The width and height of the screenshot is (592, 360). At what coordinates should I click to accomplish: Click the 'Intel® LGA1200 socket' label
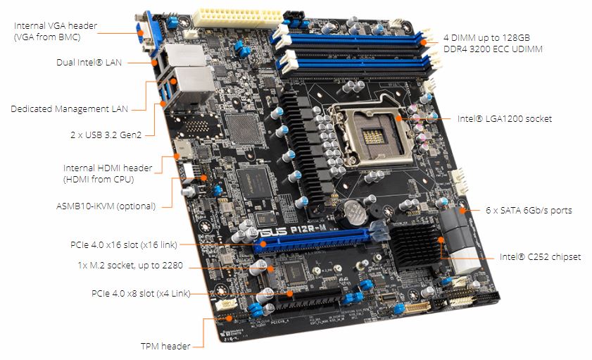click(x=505, y=118)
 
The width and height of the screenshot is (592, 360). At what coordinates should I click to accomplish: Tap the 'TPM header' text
click(x=165, y=346)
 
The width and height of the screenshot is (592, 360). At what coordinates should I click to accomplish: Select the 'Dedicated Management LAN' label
click(x=69, y=108)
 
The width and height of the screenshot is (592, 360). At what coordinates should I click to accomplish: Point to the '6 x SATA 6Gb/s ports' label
click(x=529, y=210)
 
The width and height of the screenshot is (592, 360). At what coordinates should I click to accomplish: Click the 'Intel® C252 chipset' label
click(x=540, y=257)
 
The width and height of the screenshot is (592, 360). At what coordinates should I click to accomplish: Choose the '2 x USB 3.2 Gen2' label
click(x=106, y=135)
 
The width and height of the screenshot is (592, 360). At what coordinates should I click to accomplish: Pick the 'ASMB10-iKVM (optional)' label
click(x=106, y=206)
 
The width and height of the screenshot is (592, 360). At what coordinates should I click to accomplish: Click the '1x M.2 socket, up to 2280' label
click(x=130, y=265)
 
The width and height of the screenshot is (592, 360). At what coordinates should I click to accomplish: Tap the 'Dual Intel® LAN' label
click(x=89, y=62)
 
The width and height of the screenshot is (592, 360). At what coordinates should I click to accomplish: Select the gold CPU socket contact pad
click(x=374, y=136)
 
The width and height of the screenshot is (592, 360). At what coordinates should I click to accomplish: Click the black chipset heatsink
click(x=415, y=246)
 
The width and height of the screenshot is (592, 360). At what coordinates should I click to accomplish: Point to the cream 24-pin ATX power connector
click(x=238, y=18)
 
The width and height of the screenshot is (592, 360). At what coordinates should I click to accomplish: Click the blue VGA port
click(x=145, y=34)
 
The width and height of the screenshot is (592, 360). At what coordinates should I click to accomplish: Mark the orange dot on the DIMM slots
click(x=424, y=42)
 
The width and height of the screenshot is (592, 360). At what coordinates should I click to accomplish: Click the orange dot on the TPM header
click(x=229, y=318)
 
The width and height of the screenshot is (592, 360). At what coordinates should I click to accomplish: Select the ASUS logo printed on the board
click(x=272, y=231)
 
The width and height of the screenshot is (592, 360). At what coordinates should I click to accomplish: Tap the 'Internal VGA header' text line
click(x=56, y=25)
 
